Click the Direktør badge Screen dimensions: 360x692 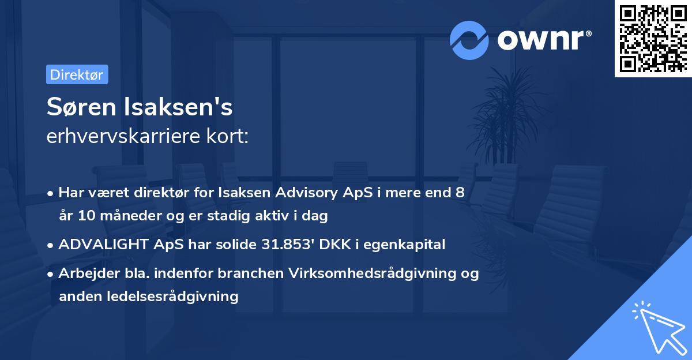pyautogui.click(x=77, y=74)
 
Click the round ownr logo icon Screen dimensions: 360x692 pyautogui.click(x=470, y=39)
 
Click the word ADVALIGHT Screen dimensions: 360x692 pyautogui.click(x=100, y=245)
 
